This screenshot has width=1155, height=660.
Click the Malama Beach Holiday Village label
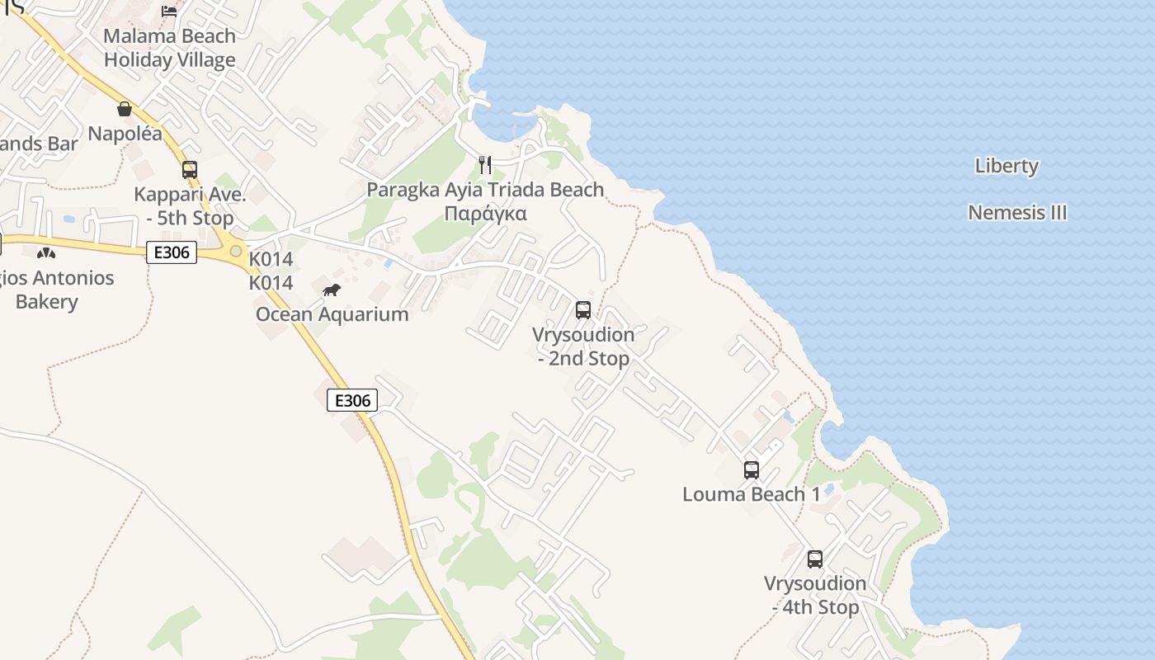(x=170, y=48)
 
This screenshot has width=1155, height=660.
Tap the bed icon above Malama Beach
(x=169, y=11)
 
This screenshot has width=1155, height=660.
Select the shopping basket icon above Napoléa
(x=125, y=109)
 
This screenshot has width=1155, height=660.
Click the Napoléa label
(x=125, y=134)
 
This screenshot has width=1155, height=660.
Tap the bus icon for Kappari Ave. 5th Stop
(x=190, y=170)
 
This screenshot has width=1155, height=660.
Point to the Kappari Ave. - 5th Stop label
(x=190, y=206)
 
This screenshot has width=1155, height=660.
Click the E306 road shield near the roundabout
(x=172, y=252)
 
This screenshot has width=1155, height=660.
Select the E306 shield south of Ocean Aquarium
(x=352, y=400)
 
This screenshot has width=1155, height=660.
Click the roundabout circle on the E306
(x=237, y=250)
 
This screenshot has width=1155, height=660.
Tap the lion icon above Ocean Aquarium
(x=332, y=290)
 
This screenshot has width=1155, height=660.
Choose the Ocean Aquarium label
(x=332, y=314)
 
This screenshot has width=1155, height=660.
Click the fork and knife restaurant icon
(x=485, y=165)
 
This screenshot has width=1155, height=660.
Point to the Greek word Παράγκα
(x=485, y=214)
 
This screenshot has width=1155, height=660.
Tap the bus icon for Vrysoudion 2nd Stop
(x=583, y=310)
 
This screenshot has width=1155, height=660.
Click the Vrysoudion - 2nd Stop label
(x=583, y=346)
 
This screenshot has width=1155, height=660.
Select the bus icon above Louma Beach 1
(x=752, y=470)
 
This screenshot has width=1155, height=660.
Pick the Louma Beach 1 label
(x=752, y=494)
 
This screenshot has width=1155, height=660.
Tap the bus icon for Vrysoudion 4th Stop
(x=815, y=559)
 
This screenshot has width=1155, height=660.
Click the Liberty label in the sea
(x=1006, y=166)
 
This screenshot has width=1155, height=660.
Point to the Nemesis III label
(x=1017, y=213)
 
